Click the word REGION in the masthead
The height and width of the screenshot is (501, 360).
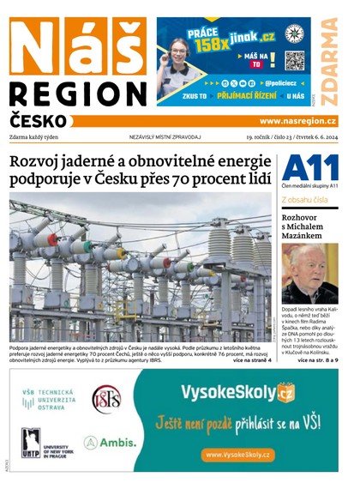coord(78,94)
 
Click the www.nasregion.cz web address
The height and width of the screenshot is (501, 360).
coord(297,122)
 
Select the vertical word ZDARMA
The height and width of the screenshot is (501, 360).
coord(328,60)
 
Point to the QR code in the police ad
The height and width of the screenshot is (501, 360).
coord(294,61)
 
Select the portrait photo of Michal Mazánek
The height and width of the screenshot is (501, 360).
coord(309,274)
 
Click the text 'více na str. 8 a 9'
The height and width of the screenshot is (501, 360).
coord(317,360)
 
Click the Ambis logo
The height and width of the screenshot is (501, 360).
coord(111,443)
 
